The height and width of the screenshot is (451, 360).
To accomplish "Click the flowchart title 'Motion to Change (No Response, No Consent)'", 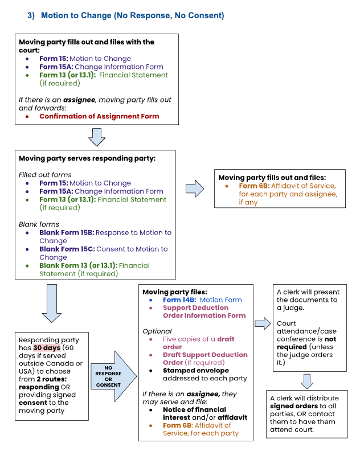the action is click(132, 15).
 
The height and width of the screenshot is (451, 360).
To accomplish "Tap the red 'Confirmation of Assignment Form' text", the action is click(99, 116).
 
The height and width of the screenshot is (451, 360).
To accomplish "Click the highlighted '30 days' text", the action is click(47, 347).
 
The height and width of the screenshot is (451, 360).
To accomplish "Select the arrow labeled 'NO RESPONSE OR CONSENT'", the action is click(114, 376).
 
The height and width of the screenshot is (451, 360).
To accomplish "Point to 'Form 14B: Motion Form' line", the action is click(202, 300).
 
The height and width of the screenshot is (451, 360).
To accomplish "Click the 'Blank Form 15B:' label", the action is click(67, 232).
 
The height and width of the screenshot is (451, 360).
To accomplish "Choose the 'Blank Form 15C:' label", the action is click(67, 249).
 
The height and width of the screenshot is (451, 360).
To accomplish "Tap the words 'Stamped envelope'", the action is click(196, 370).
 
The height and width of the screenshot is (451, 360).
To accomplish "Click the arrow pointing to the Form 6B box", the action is click(195, 188).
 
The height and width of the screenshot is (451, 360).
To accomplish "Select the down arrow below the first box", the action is click(97, 137).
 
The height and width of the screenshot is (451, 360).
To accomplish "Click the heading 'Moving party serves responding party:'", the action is click(87, 158).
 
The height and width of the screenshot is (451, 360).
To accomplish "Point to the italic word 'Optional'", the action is click(157, 331).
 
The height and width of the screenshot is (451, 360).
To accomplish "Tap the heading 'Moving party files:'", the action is click(175, 292).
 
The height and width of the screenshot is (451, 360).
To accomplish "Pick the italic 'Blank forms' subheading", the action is click(39, 224).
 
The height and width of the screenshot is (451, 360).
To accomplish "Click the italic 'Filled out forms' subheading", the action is click(45, 175).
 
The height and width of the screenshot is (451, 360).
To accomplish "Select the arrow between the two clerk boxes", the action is click(307, 382).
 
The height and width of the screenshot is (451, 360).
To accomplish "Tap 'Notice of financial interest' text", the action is click(194, 413).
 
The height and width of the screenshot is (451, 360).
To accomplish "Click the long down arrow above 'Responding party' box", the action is click(52, 304).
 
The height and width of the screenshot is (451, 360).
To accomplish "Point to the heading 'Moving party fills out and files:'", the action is click(272, 178).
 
